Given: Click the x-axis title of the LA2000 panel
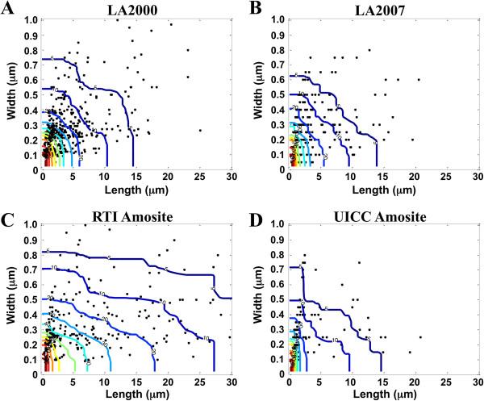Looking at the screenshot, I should click(x=136, y=190).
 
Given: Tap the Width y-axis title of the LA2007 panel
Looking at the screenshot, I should click(x=263, y=95).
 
